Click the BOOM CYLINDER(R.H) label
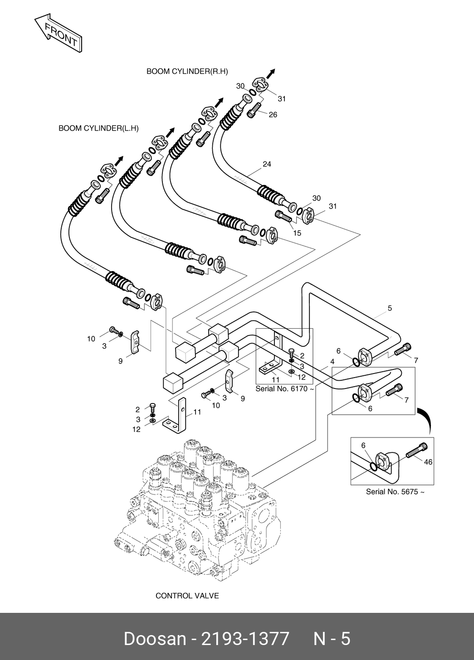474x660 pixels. click(187, 71)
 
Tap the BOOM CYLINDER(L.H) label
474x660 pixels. click(98, 128)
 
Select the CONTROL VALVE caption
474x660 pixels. click(187, 595)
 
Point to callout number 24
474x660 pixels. click(267, 164)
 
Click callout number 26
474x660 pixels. click(273, 115)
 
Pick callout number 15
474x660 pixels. click(297, 233)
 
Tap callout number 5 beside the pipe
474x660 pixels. click(390, 308)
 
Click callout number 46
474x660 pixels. click(428, 462)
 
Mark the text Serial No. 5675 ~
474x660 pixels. click(395, 492)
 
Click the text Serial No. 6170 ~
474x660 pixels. click(285, 388)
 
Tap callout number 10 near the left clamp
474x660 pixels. click(91, 339)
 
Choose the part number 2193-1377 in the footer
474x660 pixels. click(245, 638)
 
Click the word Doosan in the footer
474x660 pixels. click(154, 638)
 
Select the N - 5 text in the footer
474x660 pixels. click(332, 638)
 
